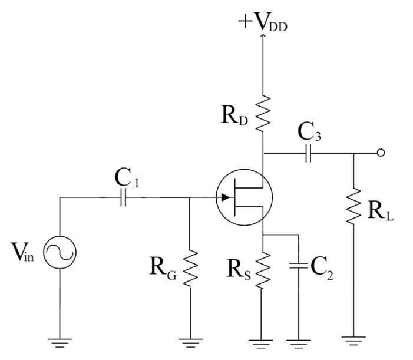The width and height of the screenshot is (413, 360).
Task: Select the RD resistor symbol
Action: (x=263, y=111)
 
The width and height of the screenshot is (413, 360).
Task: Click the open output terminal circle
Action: (x=381, y=154)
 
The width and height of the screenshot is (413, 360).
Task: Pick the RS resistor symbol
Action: (x=263, y=271)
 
